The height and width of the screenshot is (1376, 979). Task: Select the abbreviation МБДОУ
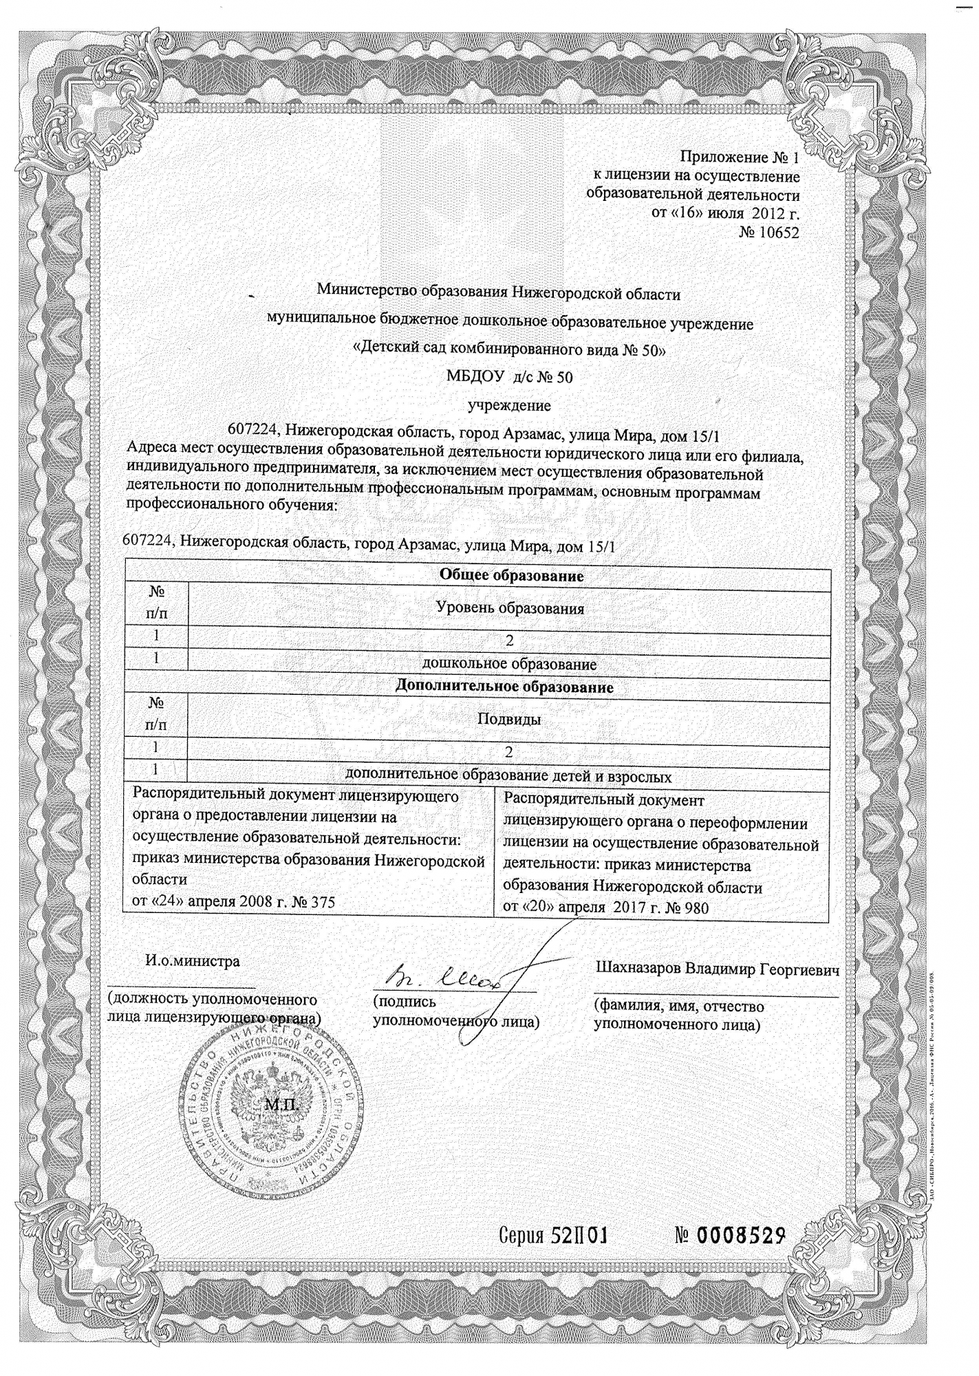point(475,377)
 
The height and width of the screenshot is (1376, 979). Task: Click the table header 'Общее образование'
point(511,576)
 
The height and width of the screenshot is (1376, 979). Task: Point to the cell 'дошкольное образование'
point(509,665)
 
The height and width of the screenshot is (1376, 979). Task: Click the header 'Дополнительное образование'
point(505,687)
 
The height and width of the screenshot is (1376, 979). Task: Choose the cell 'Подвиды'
point(509,720)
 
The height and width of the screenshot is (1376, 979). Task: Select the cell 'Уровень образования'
point(510,608)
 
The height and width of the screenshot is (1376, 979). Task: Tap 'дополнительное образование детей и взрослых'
point(508,777)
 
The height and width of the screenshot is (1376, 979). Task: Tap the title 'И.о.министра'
point(192,961)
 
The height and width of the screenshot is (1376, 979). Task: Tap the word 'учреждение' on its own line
point(509,405)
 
